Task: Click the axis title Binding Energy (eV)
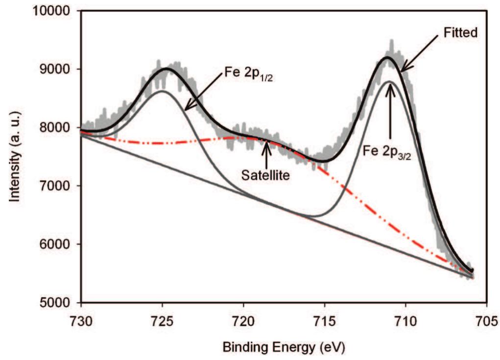tap(284, 348)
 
